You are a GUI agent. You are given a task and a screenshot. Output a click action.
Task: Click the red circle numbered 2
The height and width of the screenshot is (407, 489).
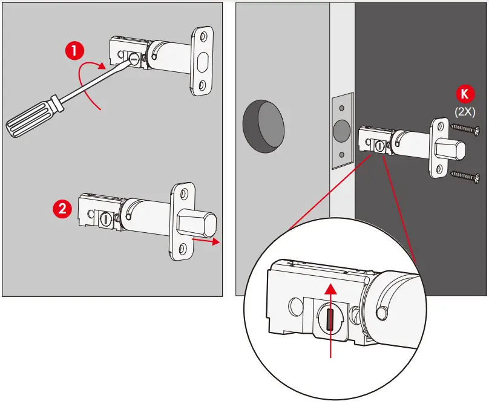tap(62, 209)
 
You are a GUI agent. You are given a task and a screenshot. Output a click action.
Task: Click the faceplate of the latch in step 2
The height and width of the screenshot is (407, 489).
tap(180, 222)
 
